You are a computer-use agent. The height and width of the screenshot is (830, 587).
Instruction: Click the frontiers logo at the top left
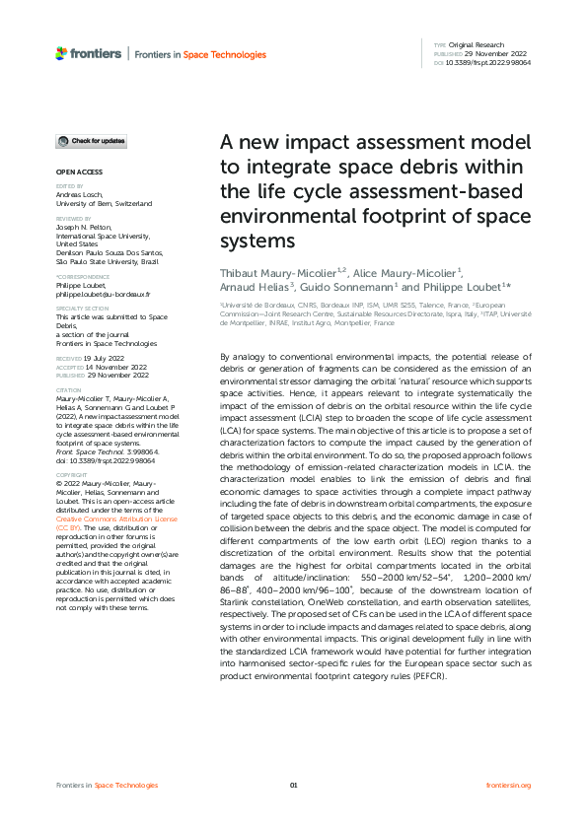pyautogui.click(x=89, y=52)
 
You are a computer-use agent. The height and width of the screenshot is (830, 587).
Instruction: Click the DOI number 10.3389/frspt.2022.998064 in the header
pyautogui.click(x=490, y=62)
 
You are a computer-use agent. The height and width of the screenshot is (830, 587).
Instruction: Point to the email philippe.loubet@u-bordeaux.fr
pyautogui.click(x=103, y=294)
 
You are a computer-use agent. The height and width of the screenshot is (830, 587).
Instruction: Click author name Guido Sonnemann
pyautogui.click(x=361, y=288)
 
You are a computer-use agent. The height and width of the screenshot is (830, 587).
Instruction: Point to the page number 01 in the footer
pyautogui.click(x=293, y=785)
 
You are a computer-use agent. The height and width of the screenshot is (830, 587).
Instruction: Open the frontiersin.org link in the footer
pyautogui.click(x=509, y=785)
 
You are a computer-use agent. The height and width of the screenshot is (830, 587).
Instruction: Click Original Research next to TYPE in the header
pyautogui.click(x=476, y=45)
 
